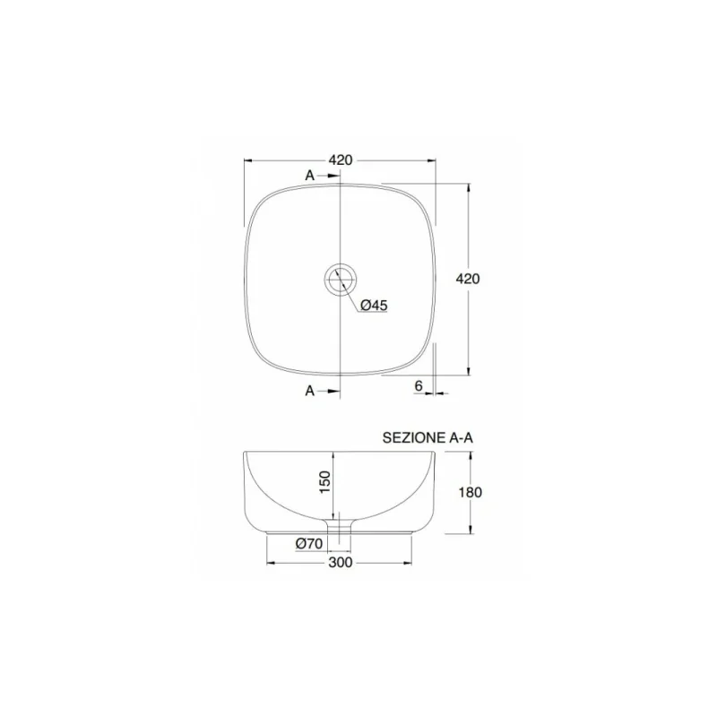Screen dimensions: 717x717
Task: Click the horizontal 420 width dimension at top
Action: (340, 160)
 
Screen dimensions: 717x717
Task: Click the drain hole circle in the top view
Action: (341, 279)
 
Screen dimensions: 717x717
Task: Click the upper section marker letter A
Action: (310, 176)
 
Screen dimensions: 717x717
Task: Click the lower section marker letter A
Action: (310, 391)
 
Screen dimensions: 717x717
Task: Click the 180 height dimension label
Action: (471, 492)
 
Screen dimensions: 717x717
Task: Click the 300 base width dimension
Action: (339, 562)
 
